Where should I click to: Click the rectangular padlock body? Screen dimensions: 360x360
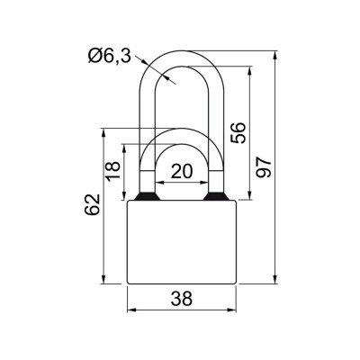point(183,243)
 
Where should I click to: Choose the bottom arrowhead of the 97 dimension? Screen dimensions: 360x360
point(272,282)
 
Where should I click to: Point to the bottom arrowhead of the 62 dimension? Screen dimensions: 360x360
point(105,282)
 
